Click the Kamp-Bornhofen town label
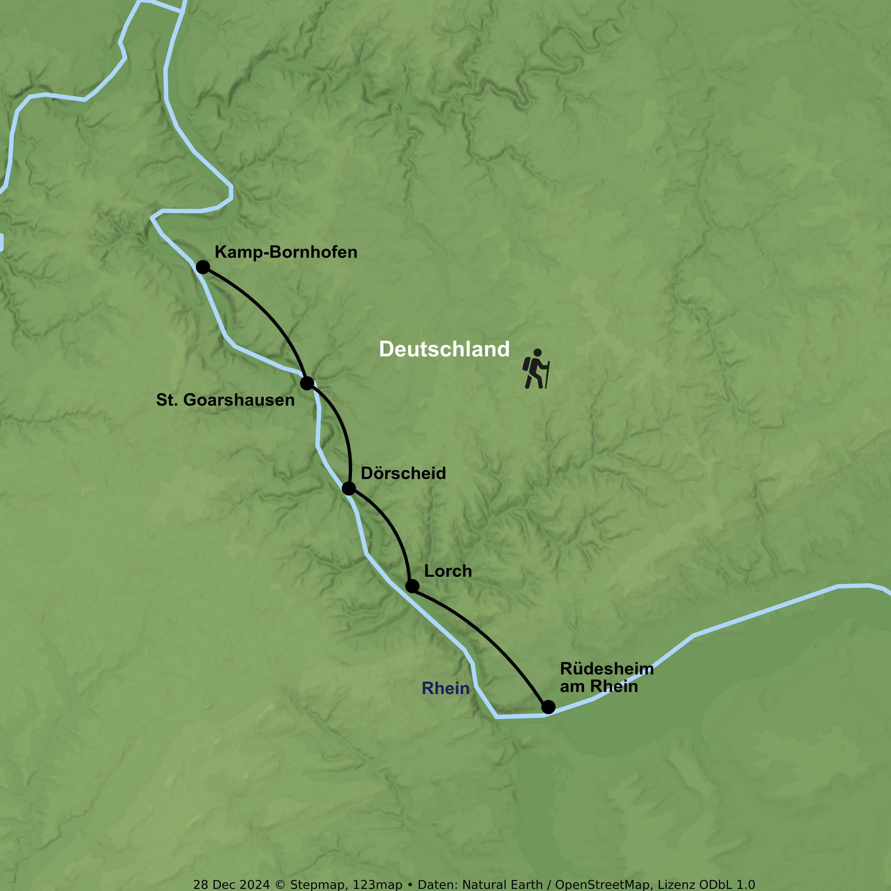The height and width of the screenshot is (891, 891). tap(286, 252)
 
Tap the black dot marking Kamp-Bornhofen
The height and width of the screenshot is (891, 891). tap(203, 267)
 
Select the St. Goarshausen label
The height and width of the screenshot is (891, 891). tap(225, 400)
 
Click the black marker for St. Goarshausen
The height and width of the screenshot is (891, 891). tap(307, 383)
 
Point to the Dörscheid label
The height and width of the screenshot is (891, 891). tap(403, 473)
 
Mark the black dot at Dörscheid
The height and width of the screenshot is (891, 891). tap(349, 488)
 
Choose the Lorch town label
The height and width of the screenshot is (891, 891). tap(448, 571)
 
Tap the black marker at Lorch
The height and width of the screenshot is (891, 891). tap(412, 586)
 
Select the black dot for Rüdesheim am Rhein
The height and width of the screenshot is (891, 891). tap(548, 707)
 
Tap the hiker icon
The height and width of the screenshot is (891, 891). tap(535, 369)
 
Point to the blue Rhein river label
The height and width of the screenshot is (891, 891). tap(445, 688)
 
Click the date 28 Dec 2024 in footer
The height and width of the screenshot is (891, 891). tap(231, 884)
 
